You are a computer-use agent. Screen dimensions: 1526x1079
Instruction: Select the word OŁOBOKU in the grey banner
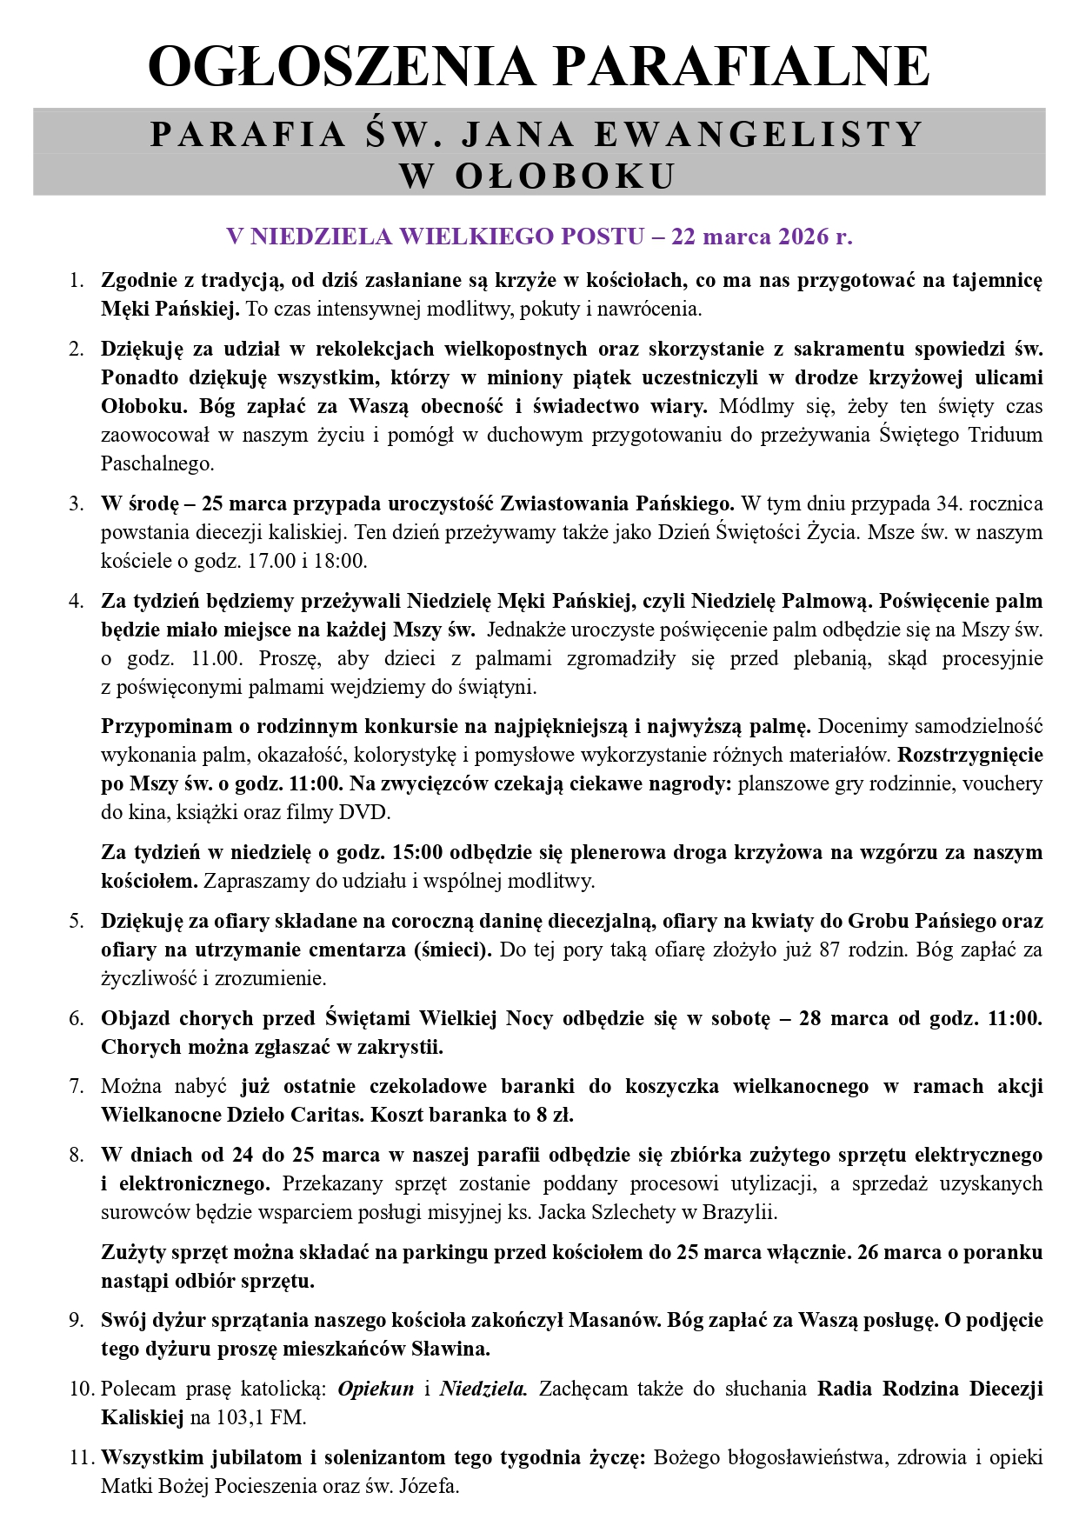coord(564,176)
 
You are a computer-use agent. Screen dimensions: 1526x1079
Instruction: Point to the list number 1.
coord(77,281)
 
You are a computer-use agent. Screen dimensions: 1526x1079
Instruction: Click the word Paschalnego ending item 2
coord(157,463)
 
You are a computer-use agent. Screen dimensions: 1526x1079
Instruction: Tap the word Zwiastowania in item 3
coord(565,503)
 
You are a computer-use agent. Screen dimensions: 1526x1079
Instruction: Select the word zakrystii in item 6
coord(401,1047)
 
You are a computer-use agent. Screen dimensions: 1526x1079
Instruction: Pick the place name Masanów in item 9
coord(614,1320)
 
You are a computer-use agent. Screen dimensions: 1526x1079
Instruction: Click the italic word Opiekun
coord(376,1389)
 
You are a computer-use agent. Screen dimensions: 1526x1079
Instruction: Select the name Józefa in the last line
coord(428,1486)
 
